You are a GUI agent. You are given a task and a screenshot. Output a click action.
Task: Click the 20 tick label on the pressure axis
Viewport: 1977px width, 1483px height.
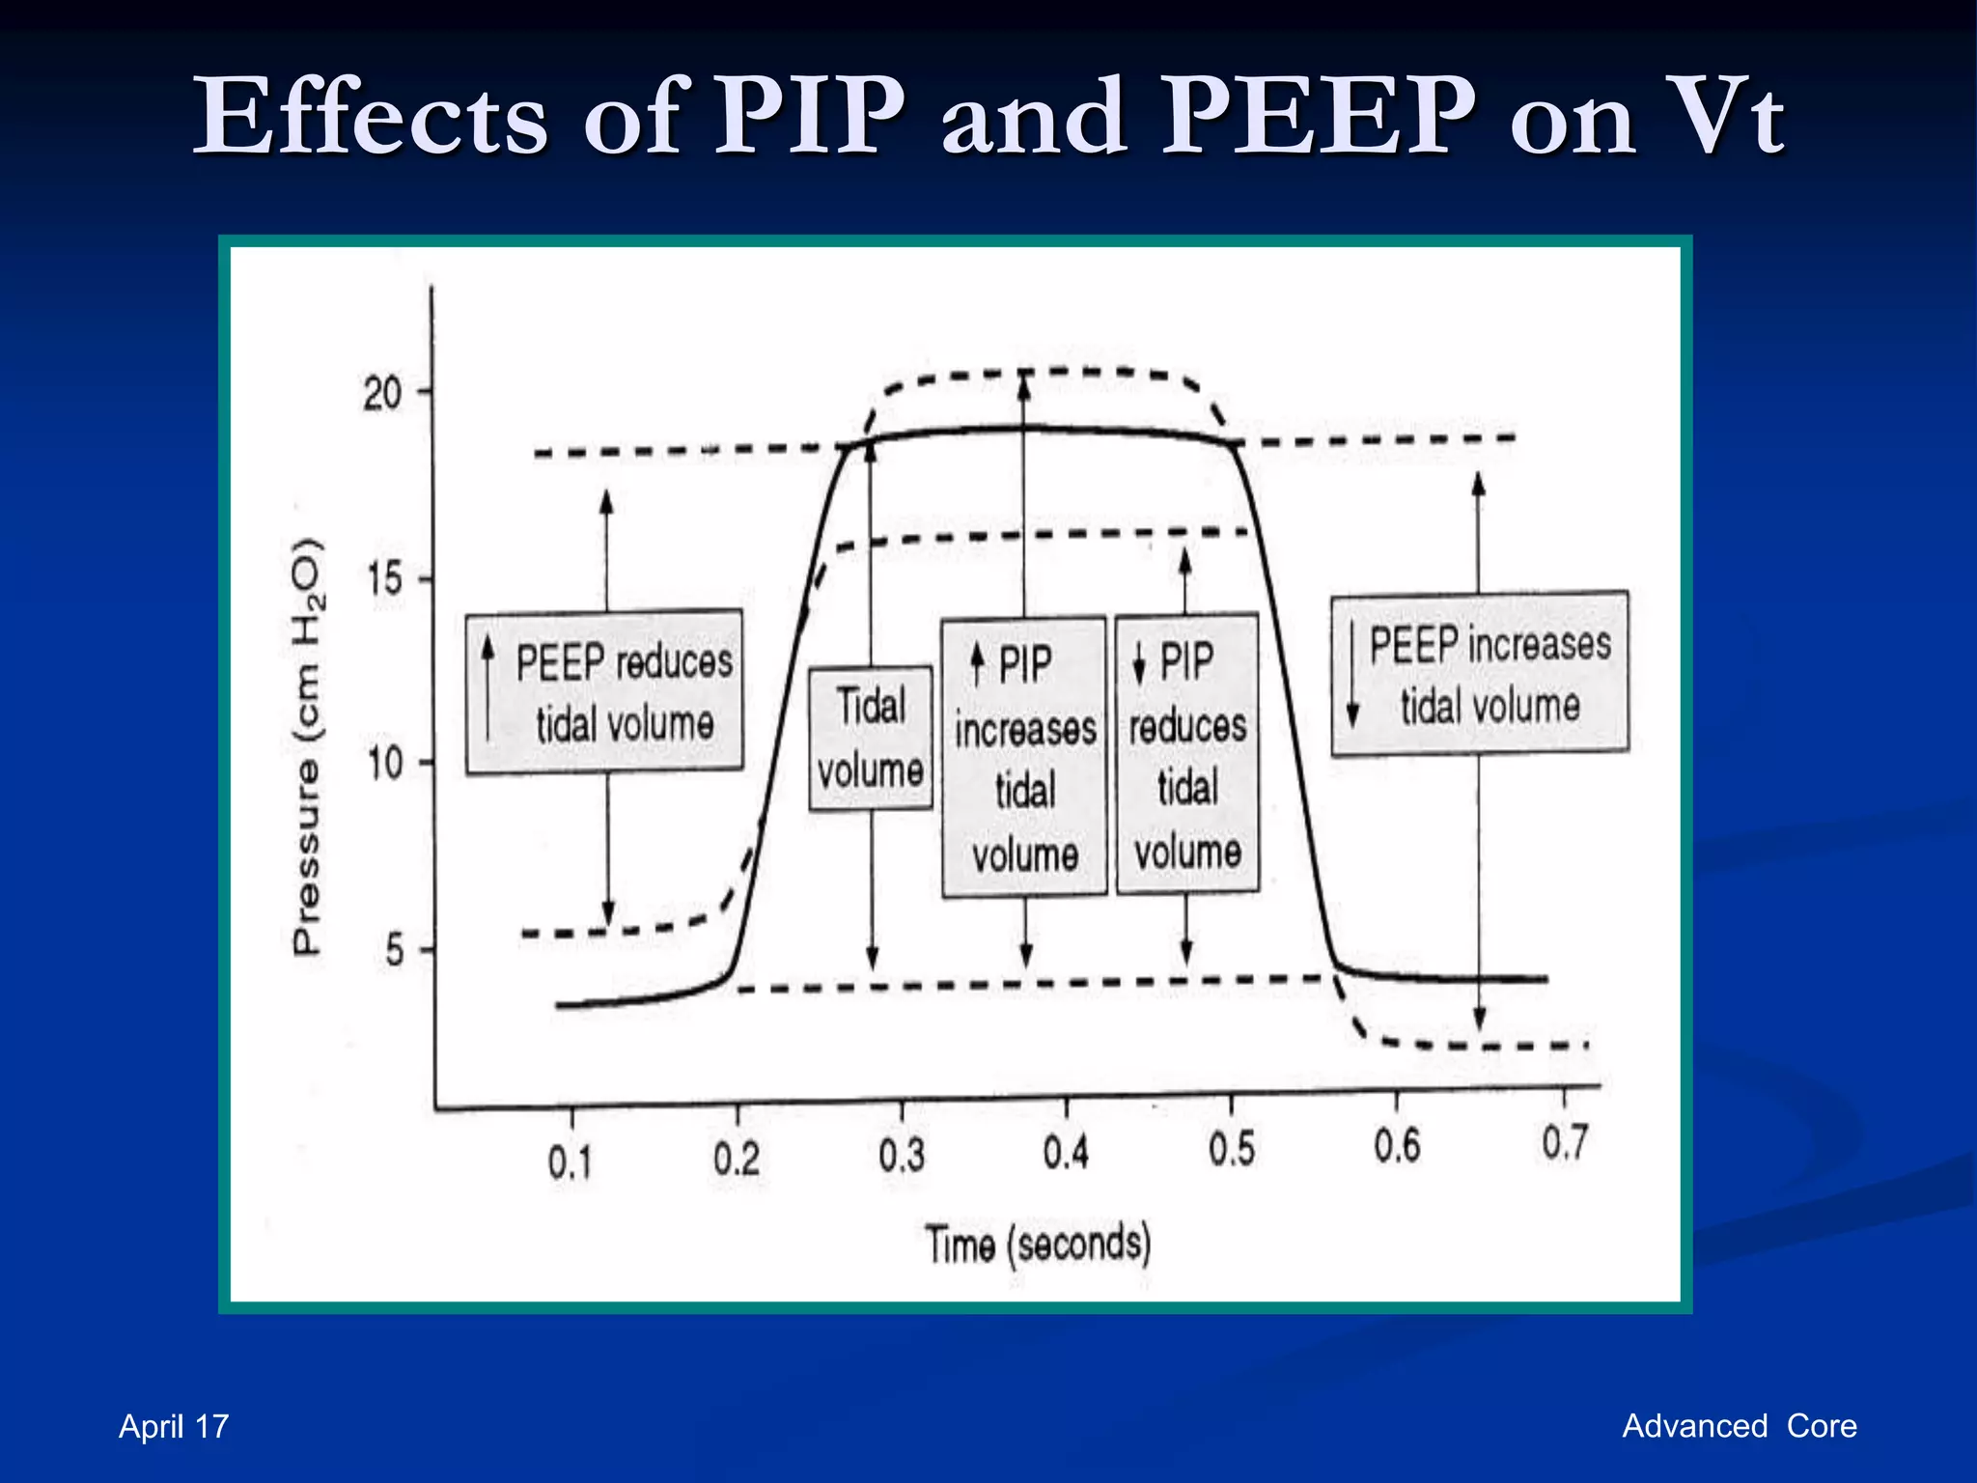click(x=382, y=394)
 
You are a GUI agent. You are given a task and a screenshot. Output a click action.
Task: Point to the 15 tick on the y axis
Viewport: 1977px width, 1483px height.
click(x=384, y=579)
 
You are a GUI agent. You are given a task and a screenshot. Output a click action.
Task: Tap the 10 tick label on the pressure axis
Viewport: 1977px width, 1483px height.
click(x=384, y=764)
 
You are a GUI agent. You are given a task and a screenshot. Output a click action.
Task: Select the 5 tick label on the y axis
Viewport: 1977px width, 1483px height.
click(x=394, y=951)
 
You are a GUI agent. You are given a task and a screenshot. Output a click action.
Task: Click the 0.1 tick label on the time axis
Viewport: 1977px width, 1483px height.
click(x=570, y=1161)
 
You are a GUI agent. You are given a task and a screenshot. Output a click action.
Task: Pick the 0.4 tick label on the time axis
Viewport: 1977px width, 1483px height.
click(x=1066, y=1152)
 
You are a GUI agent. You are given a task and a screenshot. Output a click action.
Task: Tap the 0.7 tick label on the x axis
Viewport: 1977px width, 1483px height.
click(x=1564, y=1142)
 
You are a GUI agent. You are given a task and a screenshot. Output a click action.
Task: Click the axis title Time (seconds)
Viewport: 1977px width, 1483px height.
click(x=1038, y=1244)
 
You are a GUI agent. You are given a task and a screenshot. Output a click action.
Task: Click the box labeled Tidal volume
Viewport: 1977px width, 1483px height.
click(x=871, y=738)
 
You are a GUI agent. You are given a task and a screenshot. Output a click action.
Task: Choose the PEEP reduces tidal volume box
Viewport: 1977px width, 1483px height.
click(x=604, y=692)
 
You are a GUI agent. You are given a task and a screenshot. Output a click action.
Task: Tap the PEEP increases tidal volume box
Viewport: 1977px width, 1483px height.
click(x=1480, y=673)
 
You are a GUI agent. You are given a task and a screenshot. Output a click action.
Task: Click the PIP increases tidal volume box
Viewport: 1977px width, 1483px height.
click(x=1024, y=757)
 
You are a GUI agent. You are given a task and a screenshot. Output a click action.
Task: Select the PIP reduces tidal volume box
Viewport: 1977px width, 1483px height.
click(x=1187, y=753)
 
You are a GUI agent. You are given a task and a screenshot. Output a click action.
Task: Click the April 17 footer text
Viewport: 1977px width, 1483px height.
click(x=174, y=1426)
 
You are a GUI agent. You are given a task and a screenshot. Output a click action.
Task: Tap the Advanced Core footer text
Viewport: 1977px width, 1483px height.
click(x=1739, y=1425)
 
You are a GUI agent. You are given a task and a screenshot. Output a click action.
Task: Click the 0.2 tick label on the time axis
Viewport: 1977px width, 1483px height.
click(x=737, y=1158)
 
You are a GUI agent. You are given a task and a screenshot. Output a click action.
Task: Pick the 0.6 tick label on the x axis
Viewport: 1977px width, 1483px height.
click(x=1397, y=1145)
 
